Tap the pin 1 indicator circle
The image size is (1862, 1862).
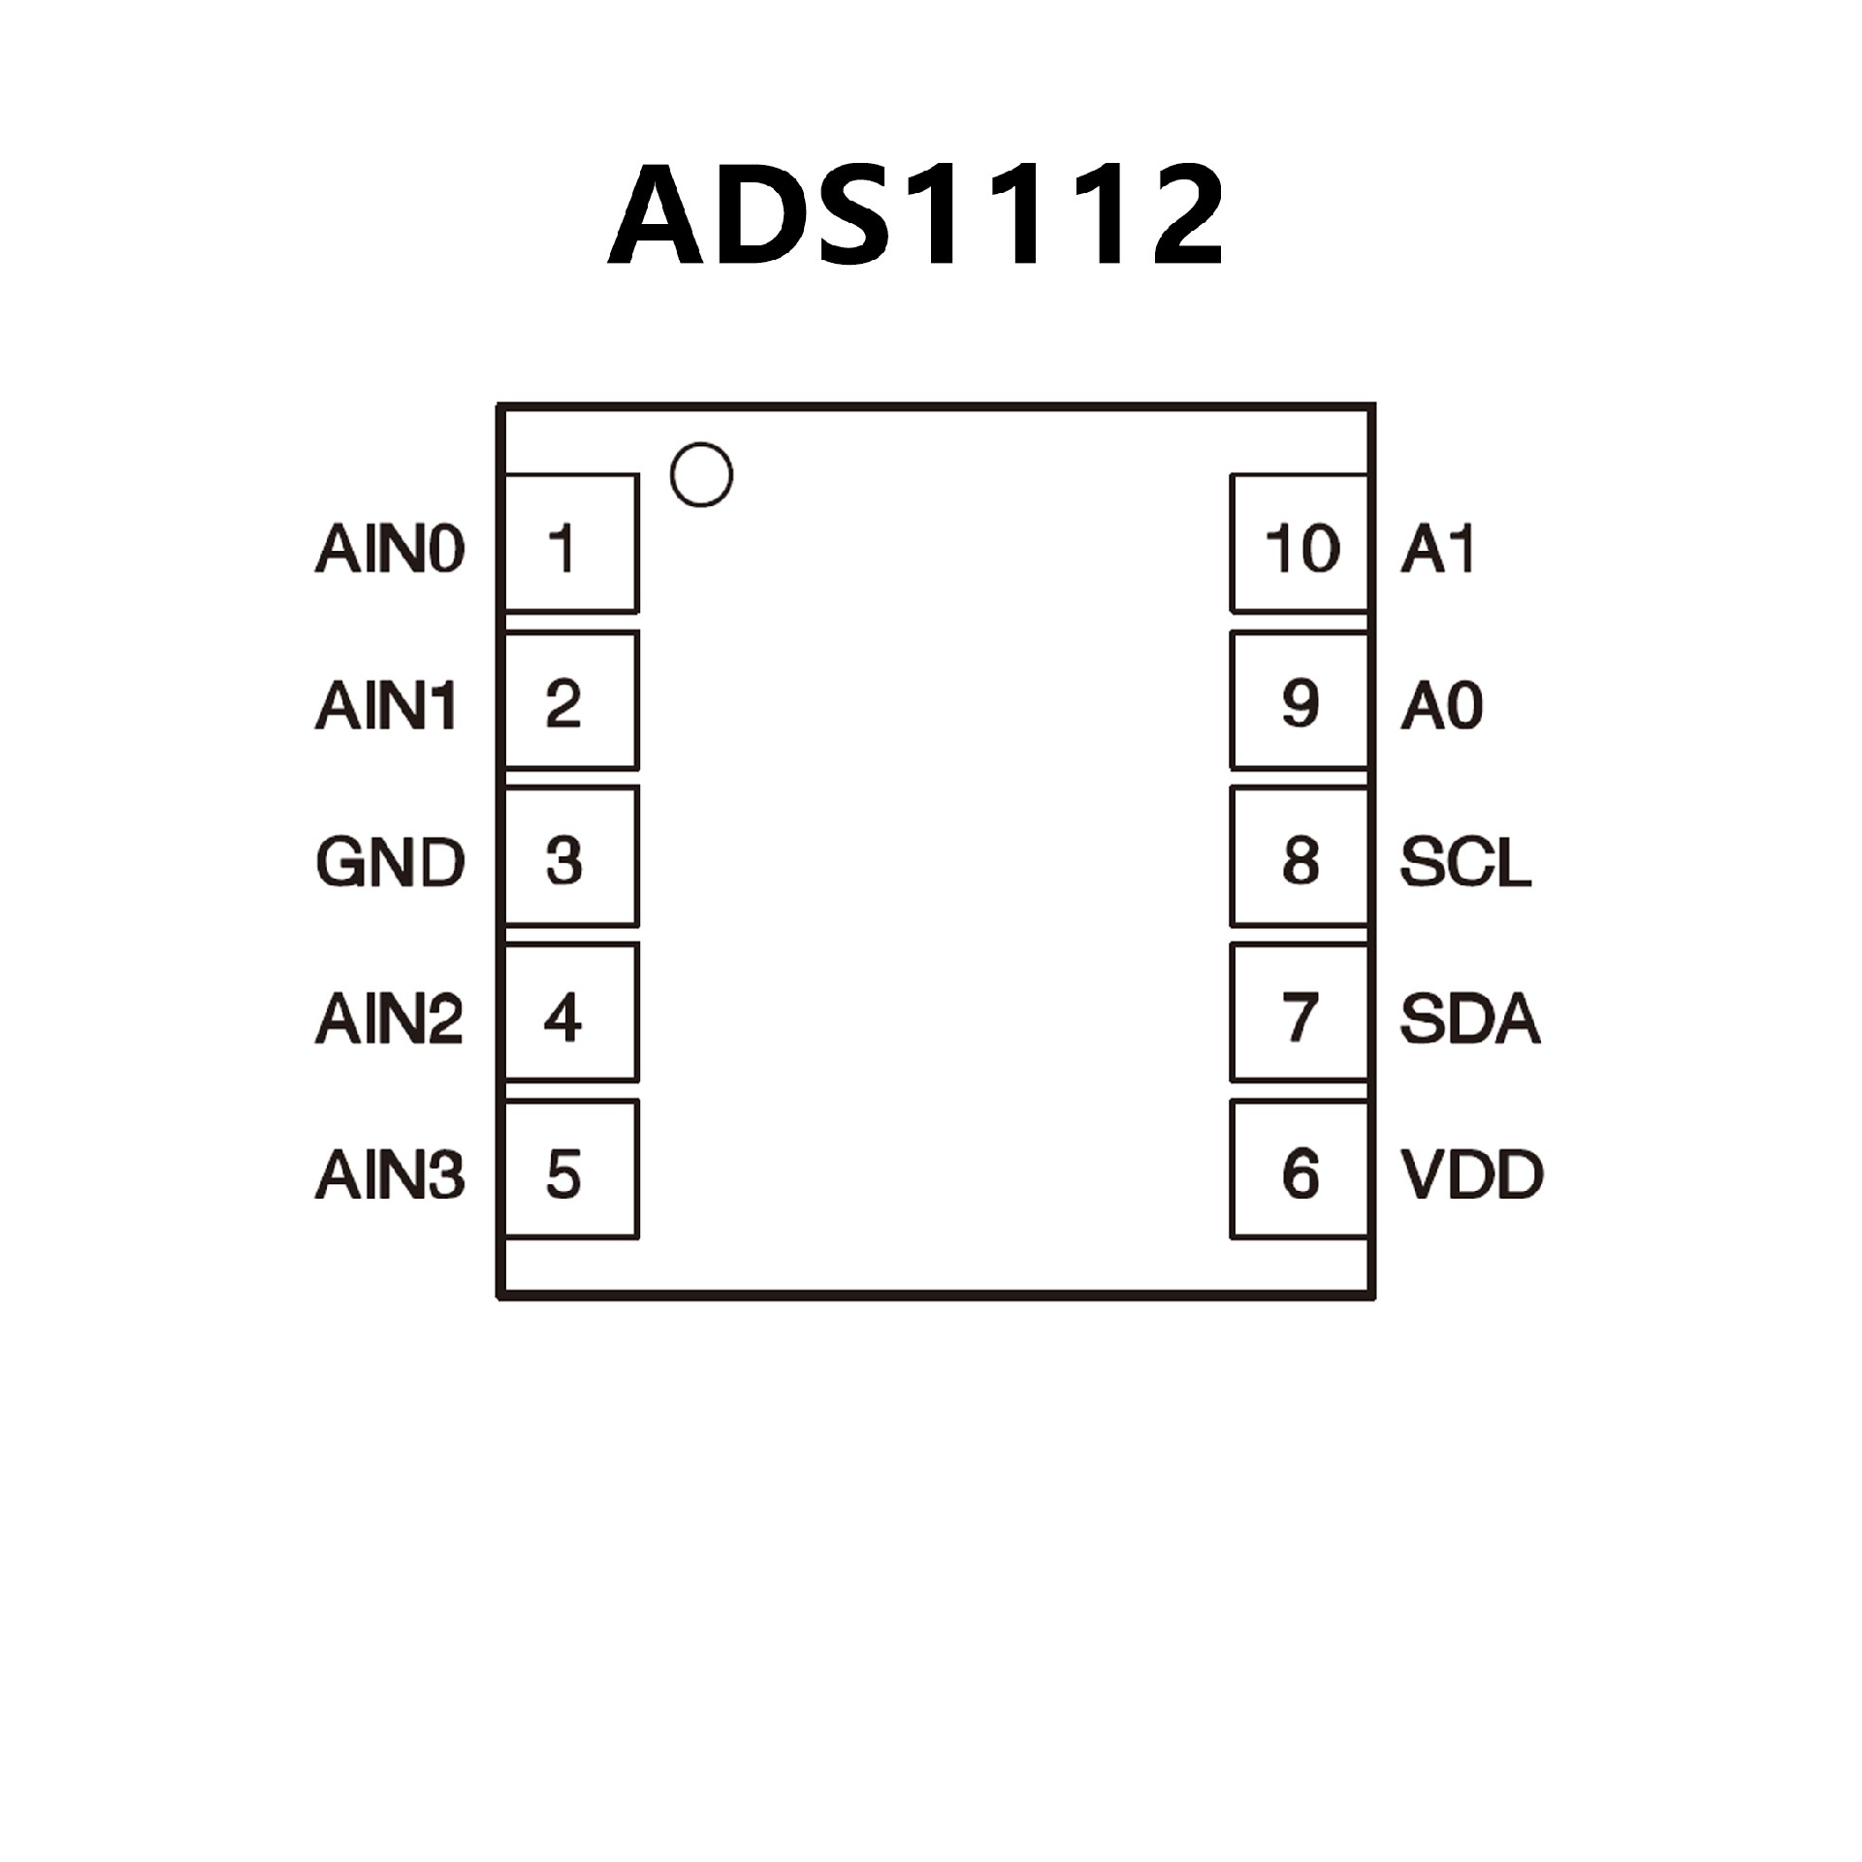[x=700, y=475]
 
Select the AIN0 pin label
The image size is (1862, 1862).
[x=390, y=549]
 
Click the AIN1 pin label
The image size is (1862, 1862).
[x=386, y=705]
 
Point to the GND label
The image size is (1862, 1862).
[x=390, y=861]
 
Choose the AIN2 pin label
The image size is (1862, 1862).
[x=390, y=1018]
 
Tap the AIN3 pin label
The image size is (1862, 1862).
[x=390, y=1174]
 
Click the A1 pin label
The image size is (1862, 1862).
[x=1438, y=549]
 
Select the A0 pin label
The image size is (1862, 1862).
[x=1442, y=705]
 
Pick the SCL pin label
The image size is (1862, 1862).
[x=1465, y=861]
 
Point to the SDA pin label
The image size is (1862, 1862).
[x=1470, y=1018]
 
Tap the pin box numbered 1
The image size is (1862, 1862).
[x=571, y=543]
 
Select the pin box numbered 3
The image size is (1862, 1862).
[x=571, y=856]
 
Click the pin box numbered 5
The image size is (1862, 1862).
[x=571, y=1170]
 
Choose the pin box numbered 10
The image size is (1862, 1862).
[x=1300, y=543]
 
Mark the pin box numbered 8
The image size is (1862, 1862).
[x=1300, y=856]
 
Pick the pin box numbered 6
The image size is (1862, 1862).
[x=1300, y=1170]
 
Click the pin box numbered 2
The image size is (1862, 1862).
[x=571, y=700]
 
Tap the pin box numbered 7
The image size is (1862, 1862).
[x=1300, y=1012]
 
